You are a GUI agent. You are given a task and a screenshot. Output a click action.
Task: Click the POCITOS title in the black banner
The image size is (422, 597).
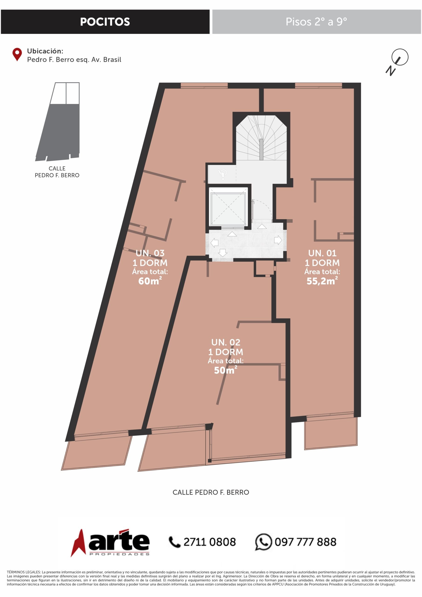coord(105,22)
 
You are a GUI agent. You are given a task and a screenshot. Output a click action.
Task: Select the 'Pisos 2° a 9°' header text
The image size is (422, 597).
coord(316,22)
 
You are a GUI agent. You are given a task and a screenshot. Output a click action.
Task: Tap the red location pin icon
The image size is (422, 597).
coord(17,54)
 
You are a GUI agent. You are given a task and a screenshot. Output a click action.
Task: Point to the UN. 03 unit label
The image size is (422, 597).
coord(150,253)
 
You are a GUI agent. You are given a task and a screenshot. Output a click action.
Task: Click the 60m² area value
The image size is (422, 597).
coord(150,281)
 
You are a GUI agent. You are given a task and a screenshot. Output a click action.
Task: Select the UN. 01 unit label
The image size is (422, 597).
coord(322,253)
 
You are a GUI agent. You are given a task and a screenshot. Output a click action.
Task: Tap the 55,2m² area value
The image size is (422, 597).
coord(322,281)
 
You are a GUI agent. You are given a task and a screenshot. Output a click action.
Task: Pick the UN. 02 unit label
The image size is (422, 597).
coord(226,342)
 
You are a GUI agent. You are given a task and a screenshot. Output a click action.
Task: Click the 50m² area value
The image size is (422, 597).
coord(226,370)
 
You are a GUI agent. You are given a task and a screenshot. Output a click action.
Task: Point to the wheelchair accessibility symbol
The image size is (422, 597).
coord(223,174)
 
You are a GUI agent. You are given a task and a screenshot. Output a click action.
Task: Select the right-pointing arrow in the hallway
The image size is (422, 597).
coord(278,240)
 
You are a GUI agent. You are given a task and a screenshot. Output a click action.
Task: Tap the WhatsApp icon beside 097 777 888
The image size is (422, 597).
coord(264,542)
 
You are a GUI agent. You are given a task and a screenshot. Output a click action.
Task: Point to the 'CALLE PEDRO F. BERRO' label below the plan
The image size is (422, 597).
coord(211,492)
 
